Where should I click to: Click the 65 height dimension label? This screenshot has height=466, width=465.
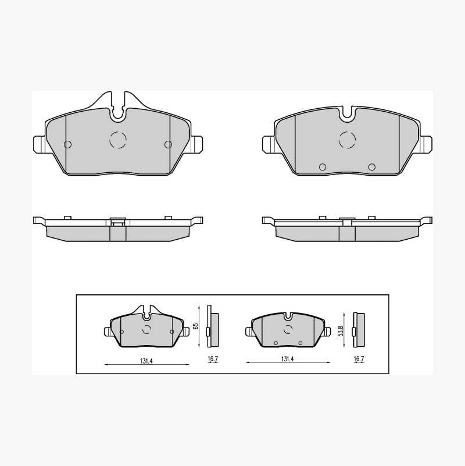195,326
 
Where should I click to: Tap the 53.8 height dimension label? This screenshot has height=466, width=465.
341,331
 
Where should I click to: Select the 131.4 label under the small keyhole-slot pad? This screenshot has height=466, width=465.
146,361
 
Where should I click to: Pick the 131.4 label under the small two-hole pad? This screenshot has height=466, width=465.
288,359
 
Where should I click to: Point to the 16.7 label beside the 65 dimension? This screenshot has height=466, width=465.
213,359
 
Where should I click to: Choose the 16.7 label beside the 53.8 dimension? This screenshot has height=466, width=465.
359,359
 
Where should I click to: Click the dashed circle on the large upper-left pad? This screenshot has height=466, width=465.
118,140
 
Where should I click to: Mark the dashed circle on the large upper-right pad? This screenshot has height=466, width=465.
347,140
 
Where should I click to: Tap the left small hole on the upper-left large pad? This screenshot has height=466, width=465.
67,144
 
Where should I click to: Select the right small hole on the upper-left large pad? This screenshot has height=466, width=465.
169,144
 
